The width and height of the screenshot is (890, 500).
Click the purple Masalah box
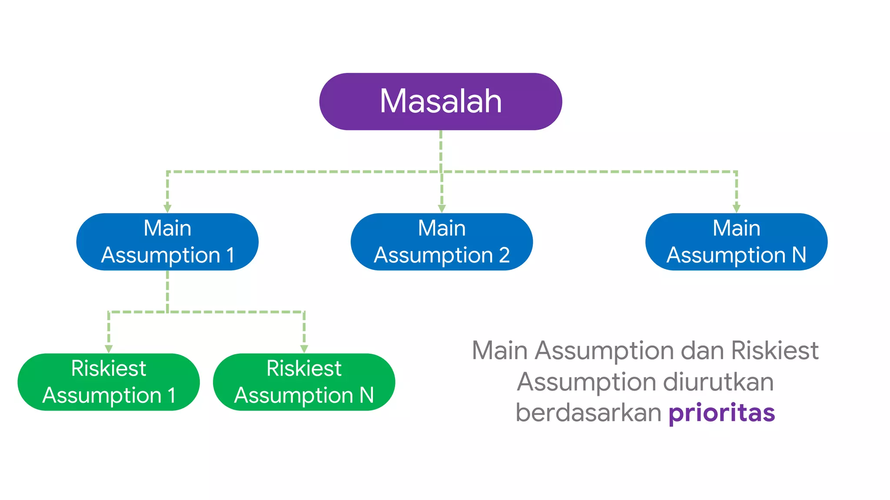[441, 102]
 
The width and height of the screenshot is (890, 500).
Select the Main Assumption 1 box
[167, 242]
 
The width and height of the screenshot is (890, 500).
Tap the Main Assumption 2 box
[442, 242]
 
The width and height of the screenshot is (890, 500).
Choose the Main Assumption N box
[736, 242]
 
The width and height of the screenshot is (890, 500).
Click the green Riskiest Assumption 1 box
[109, 382]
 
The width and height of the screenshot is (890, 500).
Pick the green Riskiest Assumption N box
[304, 382]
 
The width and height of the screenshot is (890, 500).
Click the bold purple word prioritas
[721, 413]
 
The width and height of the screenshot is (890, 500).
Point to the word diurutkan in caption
[718, 382]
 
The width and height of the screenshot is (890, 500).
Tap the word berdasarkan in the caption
[588, 413]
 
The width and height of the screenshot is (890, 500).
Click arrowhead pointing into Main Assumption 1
[167, 209]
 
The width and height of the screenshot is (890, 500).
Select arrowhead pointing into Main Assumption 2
[442, 209]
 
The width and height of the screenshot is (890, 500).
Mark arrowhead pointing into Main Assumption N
[736, 209]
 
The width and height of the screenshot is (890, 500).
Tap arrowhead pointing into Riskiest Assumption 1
[109, 349]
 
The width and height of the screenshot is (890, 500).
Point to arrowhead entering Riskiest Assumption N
[304, 349]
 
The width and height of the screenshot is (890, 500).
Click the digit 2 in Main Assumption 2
[504, 255]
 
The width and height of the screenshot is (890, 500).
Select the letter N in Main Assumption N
[799, 255]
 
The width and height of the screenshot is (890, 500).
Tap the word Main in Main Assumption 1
[167, 228]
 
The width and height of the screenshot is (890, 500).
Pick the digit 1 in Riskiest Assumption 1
[172, 395]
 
